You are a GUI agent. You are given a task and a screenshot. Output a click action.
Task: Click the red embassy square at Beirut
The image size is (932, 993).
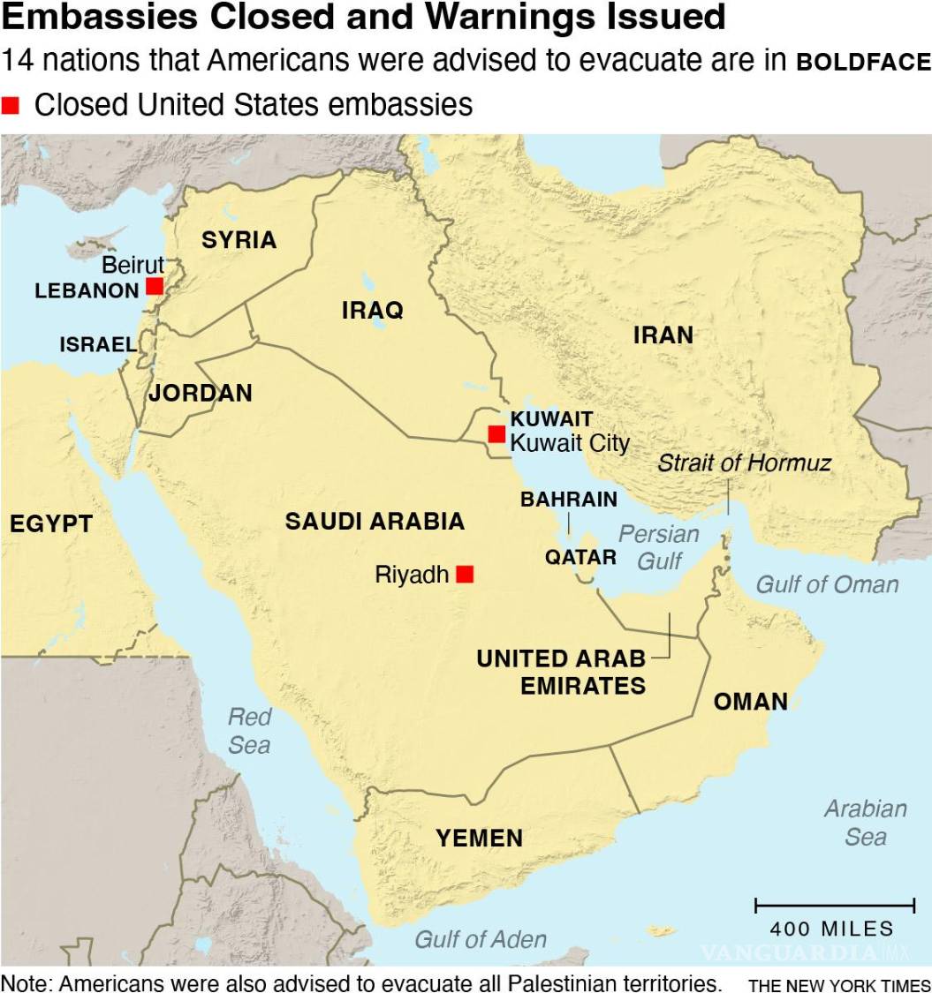tap(155, 286)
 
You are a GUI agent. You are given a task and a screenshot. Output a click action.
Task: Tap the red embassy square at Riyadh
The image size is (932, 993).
tap(465, 575)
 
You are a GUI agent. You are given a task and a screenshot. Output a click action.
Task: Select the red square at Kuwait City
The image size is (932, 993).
tap(496, 433)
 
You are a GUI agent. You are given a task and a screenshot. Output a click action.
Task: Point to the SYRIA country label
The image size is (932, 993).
tap(239, 240)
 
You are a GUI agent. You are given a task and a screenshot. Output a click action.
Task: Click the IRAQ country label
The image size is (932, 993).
tap(373, 310)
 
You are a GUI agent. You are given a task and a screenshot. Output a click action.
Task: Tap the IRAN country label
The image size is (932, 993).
tap(663, 335)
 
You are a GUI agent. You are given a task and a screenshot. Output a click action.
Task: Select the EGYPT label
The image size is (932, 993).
tap(51, 523)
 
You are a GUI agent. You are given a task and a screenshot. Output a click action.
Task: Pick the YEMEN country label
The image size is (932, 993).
tap(479, 838)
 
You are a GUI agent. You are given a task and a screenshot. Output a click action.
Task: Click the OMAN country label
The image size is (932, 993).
tap(751, 702)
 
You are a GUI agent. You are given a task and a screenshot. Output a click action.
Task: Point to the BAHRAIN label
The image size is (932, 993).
tap(569, 500)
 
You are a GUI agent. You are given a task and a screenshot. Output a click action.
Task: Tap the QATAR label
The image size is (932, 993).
tap(580, 557)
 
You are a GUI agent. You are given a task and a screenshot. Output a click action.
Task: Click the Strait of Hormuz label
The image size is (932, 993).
tap(744, 463)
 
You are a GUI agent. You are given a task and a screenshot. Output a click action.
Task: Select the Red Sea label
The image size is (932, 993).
tap(249, 730)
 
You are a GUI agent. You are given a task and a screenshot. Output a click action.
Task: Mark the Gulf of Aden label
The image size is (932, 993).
tap(481, 939)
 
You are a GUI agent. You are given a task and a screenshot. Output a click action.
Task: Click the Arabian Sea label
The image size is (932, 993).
tap(866, 822)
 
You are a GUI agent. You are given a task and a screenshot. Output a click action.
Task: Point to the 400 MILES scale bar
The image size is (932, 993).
tap(834, 906)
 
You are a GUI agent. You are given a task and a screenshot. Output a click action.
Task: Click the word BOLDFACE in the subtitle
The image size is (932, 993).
tap(863, 63)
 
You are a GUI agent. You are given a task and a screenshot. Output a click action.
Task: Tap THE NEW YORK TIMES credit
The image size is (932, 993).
tap(839, 985)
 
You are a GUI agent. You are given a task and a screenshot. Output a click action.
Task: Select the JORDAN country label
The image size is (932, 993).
tap(201, 393)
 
